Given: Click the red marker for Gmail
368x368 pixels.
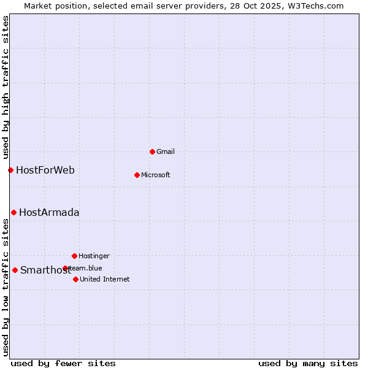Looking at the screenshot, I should [x=152, y=151].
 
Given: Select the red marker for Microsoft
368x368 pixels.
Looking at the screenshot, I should [x=137, y=175].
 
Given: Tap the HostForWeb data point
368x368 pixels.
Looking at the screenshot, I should [x=10, y=170].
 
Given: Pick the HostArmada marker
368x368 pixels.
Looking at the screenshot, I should [x=13, y=212].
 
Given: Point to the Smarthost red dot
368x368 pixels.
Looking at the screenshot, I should [x=15, y=270].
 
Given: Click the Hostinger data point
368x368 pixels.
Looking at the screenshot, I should [x=74, y=256].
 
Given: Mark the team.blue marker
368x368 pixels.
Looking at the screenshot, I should [x=65, y=268].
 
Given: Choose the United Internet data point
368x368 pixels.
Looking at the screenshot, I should [x=75, y=279].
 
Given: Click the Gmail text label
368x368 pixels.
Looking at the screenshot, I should [x=166, y=151].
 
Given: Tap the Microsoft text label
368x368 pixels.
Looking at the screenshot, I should [x=155, y=175].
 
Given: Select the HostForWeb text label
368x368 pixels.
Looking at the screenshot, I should [x=45, y=170].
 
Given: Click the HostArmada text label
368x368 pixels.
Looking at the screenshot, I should [x=49, y=212].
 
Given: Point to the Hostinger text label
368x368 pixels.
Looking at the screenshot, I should [x=94, y=256].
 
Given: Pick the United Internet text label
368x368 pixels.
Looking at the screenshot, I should [x=104, y=279].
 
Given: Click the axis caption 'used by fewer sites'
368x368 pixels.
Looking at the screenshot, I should [x=63, y=363].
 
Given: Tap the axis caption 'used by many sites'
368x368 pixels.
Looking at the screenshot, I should [x=308, y=363].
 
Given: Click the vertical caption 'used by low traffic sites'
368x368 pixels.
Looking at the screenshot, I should [x=6, y=287].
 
